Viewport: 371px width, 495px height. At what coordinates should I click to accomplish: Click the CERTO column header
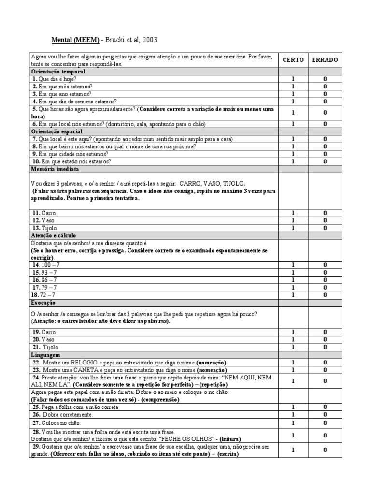[x=293, y=60]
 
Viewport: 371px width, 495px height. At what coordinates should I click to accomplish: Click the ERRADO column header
[x=325, y=60]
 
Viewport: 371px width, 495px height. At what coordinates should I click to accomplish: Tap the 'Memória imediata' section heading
[x=55, y=169]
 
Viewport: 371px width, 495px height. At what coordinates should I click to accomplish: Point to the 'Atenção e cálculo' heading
[x=53, y=234]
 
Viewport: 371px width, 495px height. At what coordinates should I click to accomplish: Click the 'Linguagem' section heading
[x=45, y=355]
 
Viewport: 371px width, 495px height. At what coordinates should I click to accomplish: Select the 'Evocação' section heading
[x=43, y=302]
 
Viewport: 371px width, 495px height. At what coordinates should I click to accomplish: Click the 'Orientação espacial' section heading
[x=57, y=131]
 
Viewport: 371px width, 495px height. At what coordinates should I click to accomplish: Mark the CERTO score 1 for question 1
[x=293, y=79]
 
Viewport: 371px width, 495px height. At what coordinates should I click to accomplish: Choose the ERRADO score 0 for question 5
[x=325, y=112]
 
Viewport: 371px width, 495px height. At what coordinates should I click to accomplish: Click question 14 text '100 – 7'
[x=44, y=265]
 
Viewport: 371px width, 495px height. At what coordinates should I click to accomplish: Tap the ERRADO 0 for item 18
[x=325, y=295]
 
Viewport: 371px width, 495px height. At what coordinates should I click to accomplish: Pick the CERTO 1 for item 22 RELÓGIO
[x=293, y=362]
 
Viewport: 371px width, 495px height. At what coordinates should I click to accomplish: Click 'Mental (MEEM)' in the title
[x=75, y=40]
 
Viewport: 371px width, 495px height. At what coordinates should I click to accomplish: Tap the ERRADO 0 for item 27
[x=325, y=423]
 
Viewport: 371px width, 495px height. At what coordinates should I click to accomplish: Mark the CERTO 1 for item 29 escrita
[x=293, y=451]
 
